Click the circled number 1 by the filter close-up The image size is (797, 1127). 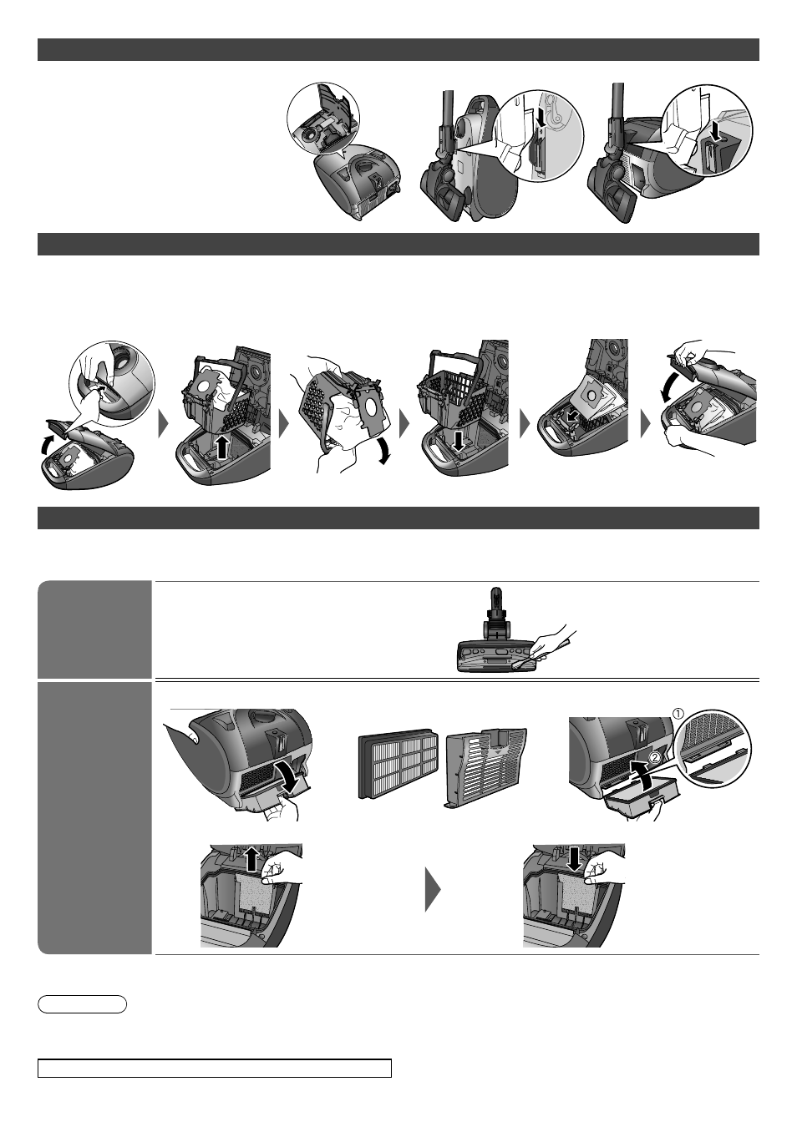click(679, 713)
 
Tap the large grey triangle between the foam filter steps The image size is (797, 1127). click(433, 890)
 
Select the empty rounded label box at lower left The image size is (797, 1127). click(82, 1003)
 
